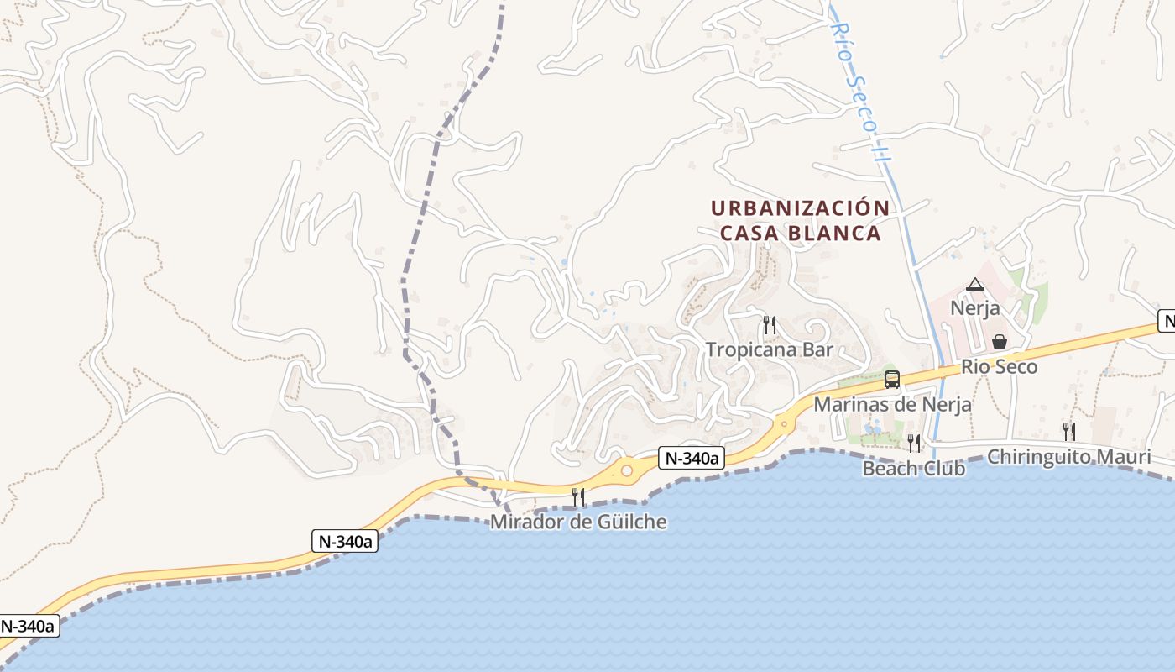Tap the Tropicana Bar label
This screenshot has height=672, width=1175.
[x=769, y=349]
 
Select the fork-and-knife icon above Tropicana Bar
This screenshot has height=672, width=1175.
[x=769, y=324]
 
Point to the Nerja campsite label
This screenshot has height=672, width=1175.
[x=974, y=308]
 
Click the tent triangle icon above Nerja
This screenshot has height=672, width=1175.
[x=974, y=285]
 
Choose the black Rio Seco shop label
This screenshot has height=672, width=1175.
[x=999, y=367]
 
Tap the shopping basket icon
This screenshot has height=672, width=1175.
[x=1000, y=342]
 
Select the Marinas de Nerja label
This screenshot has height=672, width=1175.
[x=892, y=404]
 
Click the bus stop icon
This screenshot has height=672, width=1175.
[x=892, y=380]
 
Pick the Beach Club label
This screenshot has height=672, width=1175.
[x=913, y=468]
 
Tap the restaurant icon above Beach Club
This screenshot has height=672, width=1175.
[x=913, y=443]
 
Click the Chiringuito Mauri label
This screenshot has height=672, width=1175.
[x=1068, y=457]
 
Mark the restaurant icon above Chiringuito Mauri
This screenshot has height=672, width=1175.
[x=1068, y=432]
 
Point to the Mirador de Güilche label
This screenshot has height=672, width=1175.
[x=578, y=522]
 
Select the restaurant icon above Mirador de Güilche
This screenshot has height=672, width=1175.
[x=578, y=497]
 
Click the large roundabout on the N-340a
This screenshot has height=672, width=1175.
[x=626, y=471]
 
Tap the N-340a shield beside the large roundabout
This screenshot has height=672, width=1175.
[x=691, y=458]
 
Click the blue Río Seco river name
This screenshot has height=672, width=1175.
[x=859, y=82]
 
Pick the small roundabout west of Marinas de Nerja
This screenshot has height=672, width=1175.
[x=784, y=423]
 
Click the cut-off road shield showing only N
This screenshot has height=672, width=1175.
[x=1166, y=320]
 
